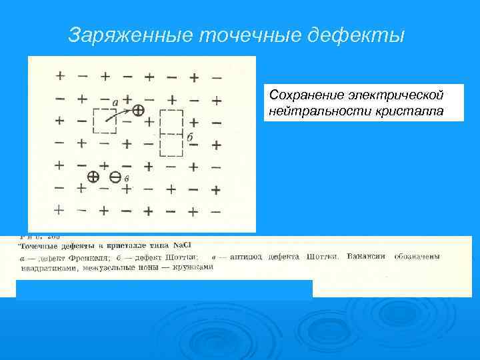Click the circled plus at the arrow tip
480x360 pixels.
[137, 109]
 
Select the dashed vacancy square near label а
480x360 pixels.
[105, 121]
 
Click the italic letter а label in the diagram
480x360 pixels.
[115, 102]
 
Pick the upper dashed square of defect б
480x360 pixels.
[171, 121]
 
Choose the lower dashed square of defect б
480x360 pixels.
[171, 143]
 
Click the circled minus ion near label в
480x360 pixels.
[115, 177]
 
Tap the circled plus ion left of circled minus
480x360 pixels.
[93, 177]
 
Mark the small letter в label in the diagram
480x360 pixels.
[127, 179]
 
